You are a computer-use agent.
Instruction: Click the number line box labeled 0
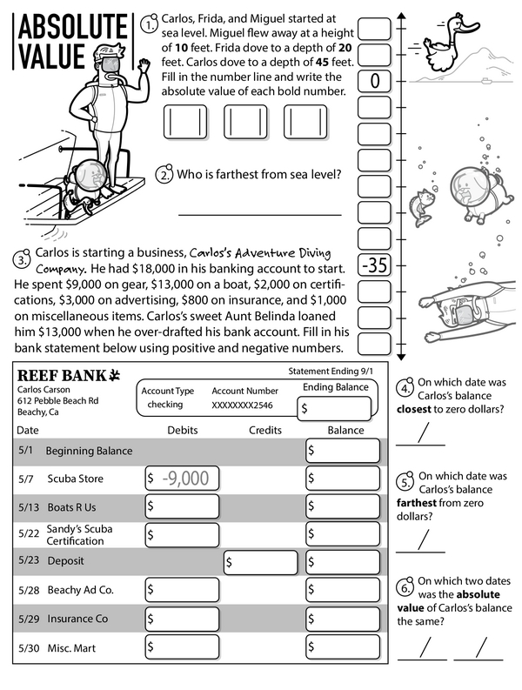pyautogui.click(x=375, y=82)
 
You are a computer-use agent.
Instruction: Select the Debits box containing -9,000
pyautogui.click(x=182, y=478)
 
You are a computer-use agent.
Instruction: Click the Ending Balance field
pyautogui.click(x=336, y=407)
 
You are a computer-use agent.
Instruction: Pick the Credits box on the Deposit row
pyautogui.click(x=261, y=562)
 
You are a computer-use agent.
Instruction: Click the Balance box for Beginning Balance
pyautogui.click(x=343, y=451)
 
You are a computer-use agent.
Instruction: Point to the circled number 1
pyautogui.click(x=151, y=25)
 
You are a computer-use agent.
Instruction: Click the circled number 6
pyautogui.click(x=405, y=586)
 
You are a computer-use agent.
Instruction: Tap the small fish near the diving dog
pyautogui.click(x=421, y=205)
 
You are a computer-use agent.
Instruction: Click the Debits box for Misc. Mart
pyautogui.click(x=182, y=647)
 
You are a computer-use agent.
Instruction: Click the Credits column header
pyautogui.click(x=265, y=430)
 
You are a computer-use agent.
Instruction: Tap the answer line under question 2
pyautogui.click(x=271, y=214)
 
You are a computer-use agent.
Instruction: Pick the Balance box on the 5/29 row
pyautogui.click(x=343, y=619)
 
